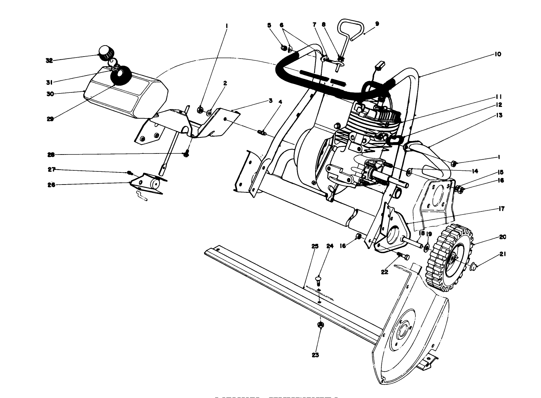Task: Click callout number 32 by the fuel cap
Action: pyautogui.click(x=49, y=60)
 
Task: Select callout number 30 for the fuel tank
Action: pyautogui.click(x=50, y=93)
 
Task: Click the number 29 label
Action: pyautogui.click(x=50, y=119)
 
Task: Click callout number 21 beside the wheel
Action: pyautogui.click(x=502, y=255)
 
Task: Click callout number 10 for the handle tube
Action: pyautogui.click(x=498, y=54)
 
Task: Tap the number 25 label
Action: pyautogui.click(x=314, y=246)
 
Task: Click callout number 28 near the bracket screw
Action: pyautogui.click(x=51, y=155)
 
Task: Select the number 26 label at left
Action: pyautogui.click(x=51, y=185)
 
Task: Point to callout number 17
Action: pyautogui.click(x=501, y=209)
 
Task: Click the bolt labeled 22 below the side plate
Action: pyautogui.click(x=402, y=256)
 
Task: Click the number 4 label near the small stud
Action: pyautogui.click(x=280, y=102)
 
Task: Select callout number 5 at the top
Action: pyautogui.click(x=269, y=25)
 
